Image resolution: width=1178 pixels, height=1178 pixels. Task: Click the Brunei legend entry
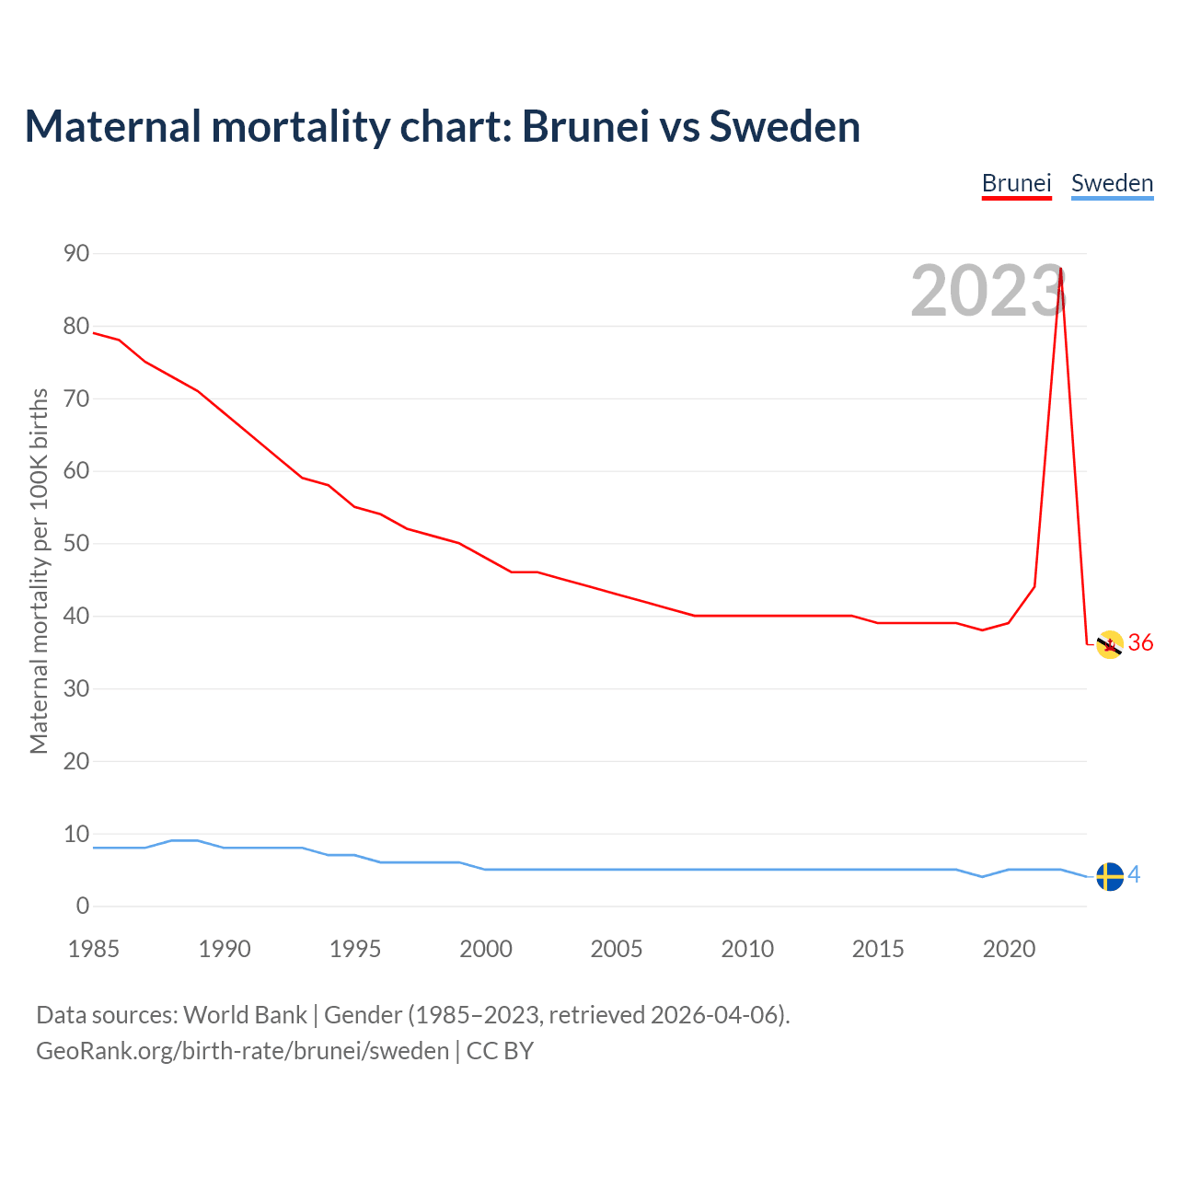point(1016,183)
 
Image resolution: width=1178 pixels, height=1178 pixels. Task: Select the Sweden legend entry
point(1112,183)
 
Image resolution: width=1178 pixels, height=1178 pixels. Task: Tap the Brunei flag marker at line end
point(1110,645)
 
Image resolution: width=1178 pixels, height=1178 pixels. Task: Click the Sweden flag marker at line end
point(1110,877)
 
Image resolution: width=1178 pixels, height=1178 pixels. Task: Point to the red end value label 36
point(1140,643)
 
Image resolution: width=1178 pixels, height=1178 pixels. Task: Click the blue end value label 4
point(1134,875)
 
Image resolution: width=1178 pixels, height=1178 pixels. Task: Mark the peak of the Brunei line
point(1061,269)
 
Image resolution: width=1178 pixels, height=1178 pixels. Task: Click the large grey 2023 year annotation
point(987,292)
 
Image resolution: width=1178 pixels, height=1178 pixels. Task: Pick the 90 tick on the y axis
point(76,253)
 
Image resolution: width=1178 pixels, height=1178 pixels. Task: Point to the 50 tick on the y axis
point(76,543)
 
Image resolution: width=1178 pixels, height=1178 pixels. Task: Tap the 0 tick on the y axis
point(83,907)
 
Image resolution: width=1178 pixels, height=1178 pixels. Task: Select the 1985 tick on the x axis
point(94,949)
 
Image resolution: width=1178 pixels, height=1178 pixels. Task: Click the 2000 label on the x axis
point(486,949)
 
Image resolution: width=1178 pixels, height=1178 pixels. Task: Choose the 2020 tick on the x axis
point(1009,949)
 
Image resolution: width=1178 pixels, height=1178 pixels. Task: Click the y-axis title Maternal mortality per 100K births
point(39,571)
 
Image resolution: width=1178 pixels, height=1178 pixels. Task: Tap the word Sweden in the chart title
point(784,126)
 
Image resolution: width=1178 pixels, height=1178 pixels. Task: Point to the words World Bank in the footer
point(245,1015)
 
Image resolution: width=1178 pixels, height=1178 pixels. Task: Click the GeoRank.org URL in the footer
point(242,1050)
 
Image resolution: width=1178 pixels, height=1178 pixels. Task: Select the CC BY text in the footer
point(500,1050)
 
